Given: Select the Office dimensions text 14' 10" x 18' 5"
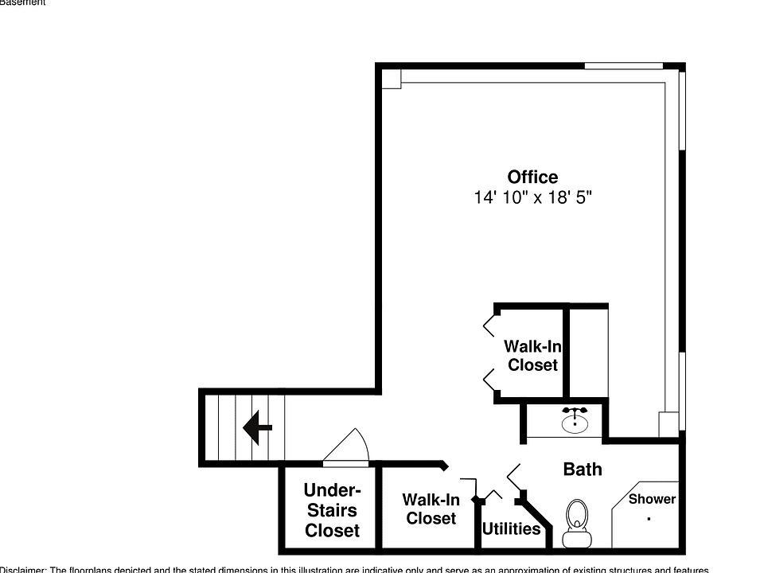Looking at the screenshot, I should click(532, 197).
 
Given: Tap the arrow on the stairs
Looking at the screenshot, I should click(256, 427).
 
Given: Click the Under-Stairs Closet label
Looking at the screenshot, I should click(332, 510).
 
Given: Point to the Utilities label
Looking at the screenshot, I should click(511, 528).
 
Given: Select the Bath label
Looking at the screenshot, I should click(582, 470).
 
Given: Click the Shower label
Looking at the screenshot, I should click(652, 499).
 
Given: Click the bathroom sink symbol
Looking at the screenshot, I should click(574, 421).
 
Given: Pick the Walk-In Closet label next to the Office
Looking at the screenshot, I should click(532, 356).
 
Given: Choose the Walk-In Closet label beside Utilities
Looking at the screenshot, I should click(431, 509).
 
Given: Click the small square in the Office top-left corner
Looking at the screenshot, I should click(390, 78).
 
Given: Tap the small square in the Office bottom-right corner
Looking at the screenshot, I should click(668, 423).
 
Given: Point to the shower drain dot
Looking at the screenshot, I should click(649, 519).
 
